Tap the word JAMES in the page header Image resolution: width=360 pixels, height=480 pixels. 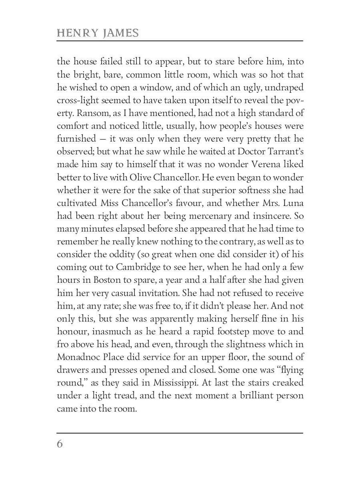point(120,33)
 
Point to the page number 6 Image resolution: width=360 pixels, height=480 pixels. point(60,444)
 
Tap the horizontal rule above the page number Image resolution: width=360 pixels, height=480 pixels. point(180,433)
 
